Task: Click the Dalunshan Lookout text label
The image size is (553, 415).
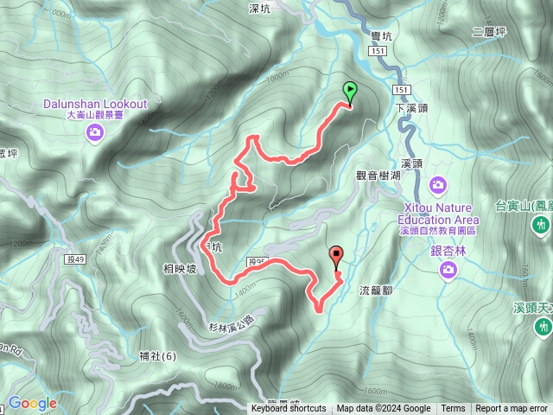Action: pos(95,104)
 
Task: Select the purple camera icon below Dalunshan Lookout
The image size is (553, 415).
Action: pos(94,131)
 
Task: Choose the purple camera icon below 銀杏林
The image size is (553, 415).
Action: pos(448,271)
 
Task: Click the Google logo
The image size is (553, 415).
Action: pos(32,403)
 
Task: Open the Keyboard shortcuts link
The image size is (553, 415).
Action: pos(289,409)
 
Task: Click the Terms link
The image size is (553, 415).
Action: pos(453,409)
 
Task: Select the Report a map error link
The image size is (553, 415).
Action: pos(512,409)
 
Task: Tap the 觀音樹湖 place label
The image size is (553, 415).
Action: pos(378,175)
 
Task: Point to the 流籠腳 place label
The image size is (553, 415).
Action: pos(376,290)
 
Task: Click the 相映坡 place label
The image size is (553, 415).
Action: pos(180,269)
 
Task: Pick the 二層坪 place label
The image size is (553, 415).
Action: pos(489,33)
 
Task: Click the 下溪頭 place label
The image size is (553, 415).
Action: pos(412,109)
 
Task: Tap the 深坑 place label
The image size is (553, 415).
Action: pos(259,9)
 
